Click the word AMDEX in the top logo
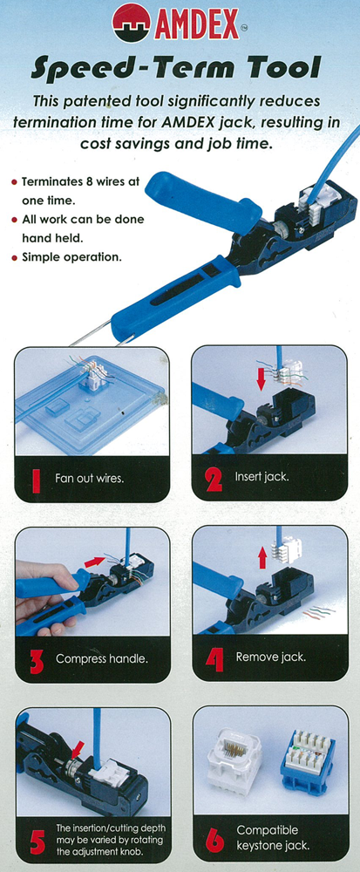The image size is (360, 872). point(198,24)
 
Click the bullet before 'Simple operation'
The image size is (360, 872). point(14,259)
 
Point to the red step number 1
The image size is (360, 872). point(37,479)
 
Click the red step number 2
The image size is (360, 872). point(214,478)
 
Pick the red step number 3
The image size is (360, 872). point(37,660)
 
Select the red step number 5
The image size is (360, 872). point(37,841)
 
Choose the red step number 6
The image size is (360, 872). point(214,839)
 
